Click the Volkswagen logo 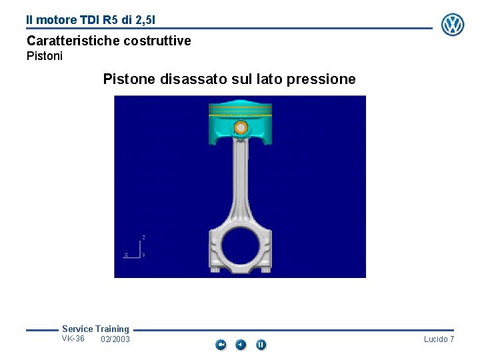coord(453,25)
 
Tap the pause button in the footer coord(261,345)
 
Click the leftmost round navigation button coord(221,345)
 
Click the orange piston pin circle coord(241,128)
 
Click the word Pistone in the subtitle coord(129,80)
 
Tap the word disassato coord(192,80)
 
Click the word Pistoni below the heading coord(45,57)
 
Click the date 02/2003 coord(115,340)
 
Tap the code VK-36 coord(73,339)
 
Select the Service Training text coord(95,329)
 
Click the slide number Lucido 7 coord(439,340)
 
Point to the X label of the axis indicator coord(126,255)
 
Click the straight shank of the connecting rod coord(240,180)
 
